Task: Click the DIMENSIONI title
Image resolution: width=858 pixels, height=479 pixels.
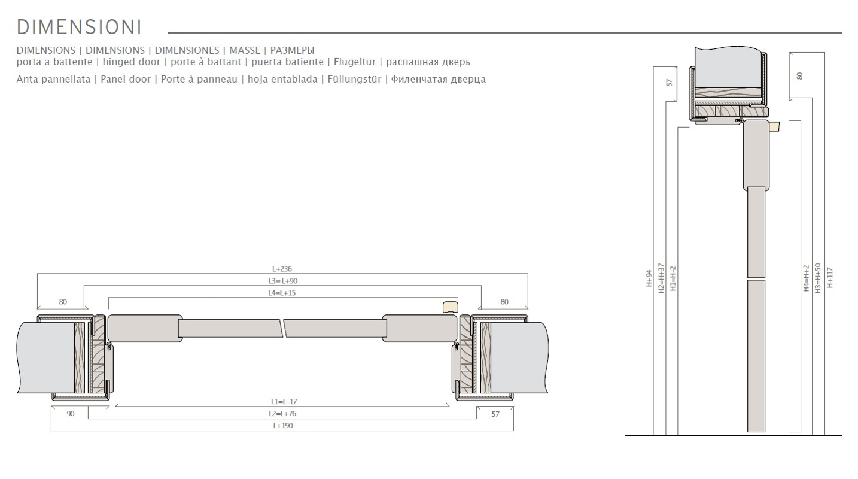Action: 79,27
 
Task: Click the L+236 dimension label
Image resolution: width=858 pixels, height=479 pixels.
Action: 282,269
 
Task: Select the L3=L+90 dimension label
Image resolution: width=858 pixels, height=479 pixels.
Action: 282,281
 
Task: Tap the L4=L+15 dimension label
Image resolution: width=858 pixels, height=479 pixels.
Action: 282,293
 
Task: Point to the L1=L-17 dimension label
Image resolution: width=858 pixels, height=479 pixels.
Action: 284,402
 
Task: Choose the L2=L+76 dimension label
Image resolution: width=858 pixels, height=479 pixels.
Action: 282,414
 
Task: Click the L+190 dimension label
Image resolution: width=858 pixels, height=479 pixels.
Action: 283,425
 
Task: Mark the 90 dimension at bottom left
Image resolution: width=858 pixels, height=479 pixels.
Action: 71,414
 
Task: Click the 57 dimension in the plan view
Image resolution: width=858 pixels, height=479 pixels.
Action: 495,414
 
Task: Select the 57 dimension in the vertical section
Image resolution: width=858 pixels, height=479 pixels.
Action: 669,83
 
